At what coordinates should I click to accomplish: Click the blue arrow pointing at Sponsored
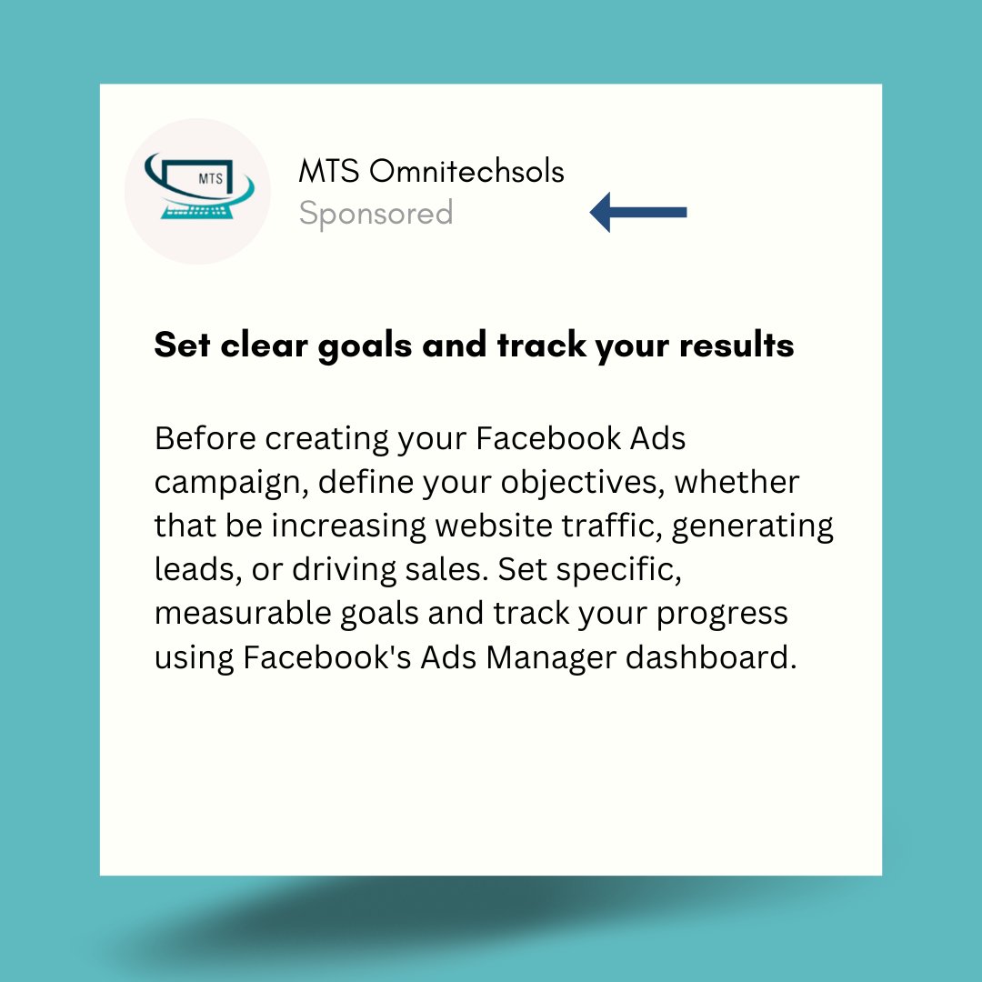coord(638,213)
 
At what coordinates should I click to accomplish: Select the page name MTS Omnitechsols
coord(431,171)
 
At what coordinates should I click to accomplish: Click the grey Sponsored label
coord(376,214)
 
